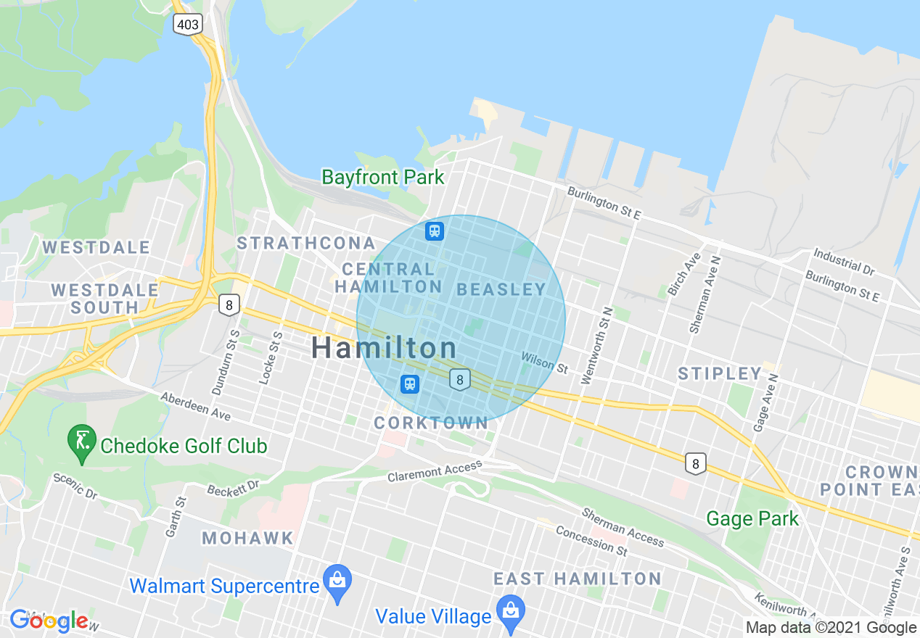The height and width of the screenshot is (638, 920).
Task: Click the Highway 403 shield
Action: coord(187,25)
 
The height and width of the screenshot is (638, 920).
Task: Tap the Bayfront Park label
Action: coord(382,177)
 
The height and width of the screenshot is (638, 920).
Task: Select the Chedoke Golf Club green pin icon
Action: coord(81,442)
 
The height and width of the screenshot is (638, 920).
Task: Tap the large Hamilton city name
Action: coord(384,348)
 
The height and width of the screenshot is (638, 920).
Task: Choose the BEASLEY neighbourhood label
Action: coord(501,289)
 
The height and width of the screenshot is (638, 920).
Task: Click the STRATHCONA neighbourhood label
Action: coord(306,243)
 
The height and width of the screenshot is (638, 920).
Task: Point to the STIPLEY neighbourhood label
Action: coord(720,374)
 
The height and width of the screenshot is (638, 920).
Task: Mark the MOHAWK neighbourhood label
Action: coord(247,538)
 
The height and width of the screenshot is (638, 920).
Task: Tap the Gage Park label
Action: coord(752,519)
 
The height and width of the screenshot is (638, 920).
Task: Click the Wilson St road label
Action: coord(544,362)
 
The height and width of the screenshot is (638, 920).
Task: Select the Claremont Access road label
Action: coord(434,471)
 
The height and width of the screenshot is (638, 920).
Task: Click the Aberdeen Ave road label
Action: coord(194,407)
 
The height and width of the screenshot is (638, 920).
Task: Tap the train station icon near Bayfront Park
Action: coord(435,231)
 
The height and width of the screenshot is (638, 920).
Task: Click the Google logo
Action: coord(49,621)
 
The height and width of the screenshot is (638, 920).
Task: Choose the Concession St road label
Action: coord(591,541)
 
